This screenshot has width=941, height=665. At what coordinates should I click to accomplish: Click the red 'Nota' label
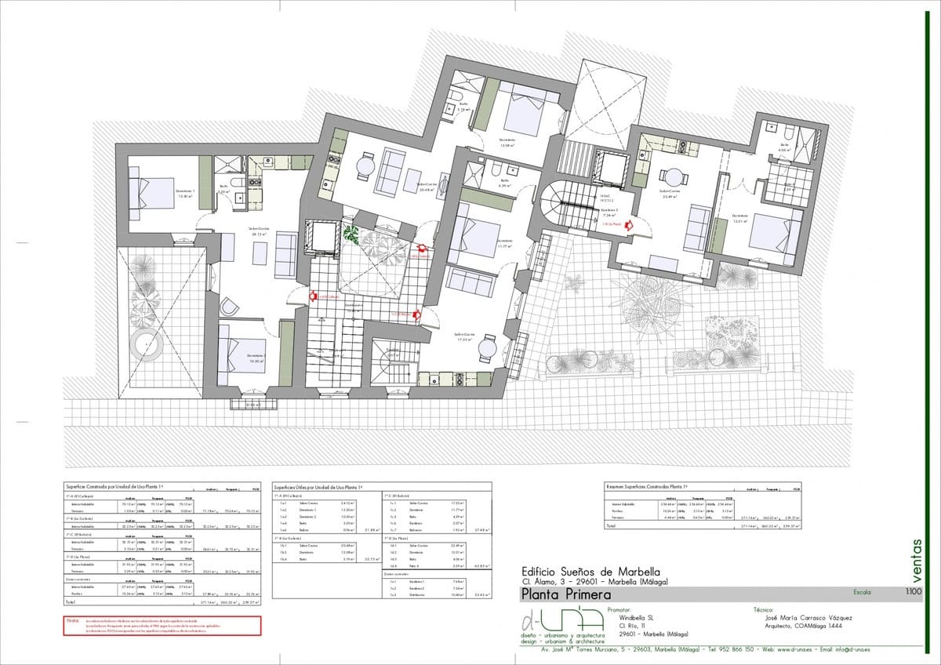[x=74, y=620]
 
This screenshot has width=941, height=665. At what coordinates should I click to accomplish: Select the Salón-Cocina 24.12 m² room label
[x=259, y=231]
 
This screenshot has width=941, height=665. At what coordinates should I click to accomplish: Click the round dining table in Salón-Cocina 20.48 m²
[x=365, y=167]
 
